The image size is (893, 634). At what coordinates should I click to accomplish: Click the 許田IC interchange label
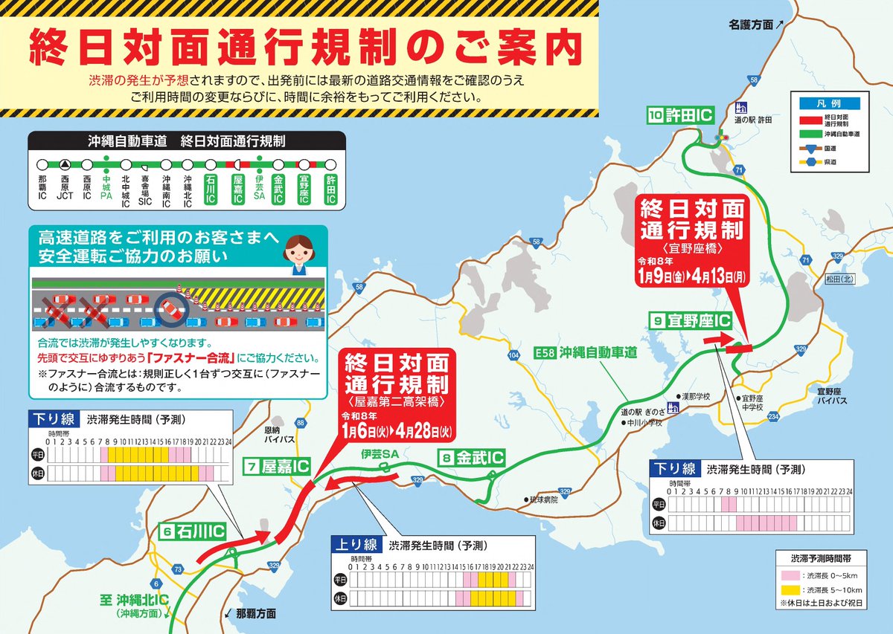(680, 115)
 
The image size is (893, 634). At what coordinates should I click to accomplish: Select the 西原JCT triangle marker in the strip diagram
(65, 164)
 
